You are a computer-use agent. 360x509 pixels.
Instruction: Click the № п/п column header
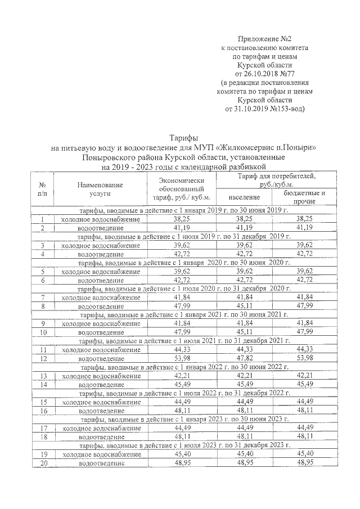[42, 188]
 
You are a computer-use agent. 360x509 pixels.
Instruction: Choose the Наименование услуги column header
[92, 188]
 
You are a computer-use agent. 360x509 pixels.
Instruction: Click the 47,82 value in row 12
[245, 358]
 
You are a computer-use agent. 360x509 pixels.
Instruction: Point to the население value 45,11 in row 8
[245, 307]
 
